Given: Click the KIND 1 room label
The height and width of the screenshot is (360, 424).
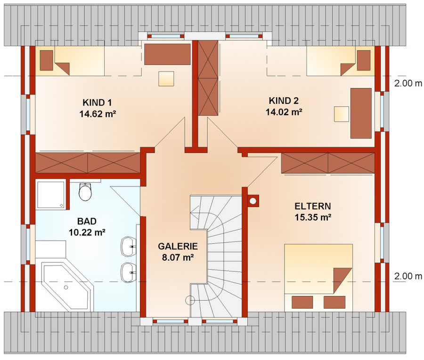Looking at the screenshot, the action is pos(97,103).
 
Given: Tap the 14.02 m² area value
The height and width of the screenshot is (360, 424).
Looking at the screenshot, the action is pos(284,112).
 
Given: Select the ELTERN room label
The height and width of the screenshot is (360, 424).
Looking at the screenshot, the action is pos(313,206).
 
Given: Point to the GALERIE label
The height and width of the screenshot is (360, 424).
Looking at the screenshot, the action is pos(178,246).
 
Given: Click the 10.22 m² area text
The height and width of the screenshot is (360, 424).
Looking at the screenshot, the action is pos(87,232).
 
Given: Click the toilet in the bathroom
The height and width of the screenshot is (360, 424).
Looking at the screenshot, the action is pos(85,192).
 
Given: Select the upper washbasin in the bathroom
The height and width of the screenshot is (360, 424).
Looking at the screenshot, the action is pos(128,246).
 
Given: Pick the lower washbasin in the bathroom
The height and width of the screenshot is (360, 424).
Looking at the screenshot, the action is pos(128,272).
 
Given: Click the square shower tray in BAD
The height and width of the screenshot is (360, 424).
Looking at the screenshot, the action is pos(51,195).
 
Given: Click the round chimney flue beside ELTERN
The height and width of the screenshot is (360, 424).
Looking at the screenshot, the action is pos(253,201).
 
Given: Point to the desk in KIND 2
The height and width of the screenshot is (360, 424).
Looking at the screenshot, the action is pos(361,113).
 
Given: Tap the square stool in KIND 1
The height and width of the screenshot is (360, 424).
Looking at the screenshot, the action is pos(166,79).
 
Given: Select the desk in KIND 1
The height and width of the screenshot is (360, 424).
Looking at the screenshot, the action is pos(167,54).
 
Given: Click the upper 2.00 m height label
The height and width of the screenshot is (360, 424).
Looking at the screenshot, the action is pos(408,83).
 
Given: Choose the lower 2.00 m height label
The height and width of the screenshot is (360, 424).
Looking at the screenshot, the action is pos(408,276).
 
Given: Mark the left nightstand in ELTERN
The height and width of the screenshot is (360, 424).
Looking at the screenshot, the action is pos(302,302).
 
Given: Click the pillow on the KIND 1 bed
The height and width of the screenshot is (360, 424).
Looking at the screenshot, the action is pos(46,60).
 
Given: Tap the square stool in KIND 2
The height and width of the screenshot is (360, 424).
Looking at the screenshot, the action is pos(341,114).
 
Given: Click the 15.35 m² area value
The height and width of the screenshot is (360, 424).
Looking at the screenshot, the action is pos(313,217).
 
